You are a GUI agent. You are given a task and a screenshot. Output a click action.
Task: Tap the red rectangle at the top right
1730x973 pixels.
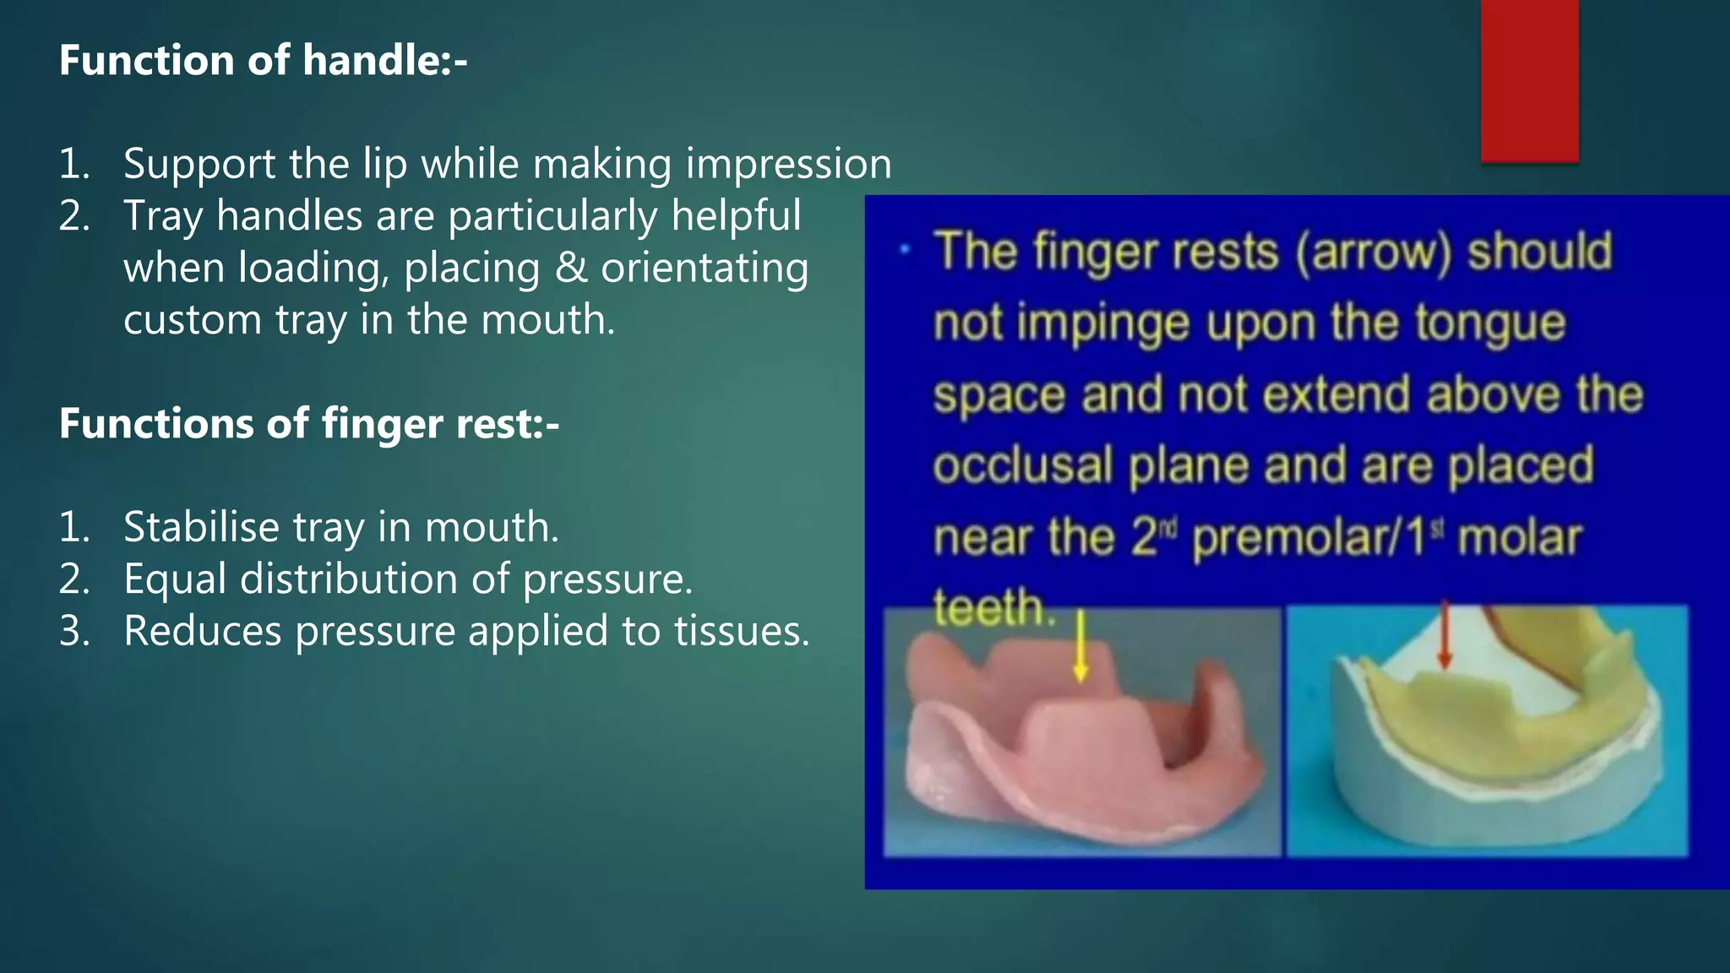[1529, 80]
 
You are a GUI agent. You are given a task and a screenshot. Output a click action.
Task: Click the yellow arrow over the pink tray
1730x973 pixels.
[1080, 646]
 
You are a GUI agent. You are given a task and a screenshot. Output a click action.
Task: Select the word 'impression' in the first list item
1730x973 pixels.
[788, 164]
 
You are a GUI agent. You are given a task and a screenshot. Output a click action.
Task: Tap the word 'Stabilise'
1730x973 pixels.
[201, 528]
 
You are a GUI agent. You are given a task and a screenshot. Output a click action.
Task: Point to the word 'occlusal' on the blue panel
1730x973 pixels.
[1022, 465]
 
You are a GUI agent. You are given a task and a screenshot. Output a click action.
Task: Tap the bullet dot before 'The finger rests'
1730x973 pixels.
[905, 249]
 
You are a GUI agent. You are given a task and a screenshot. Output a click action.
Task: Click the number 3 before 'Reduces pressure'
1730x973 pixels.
[73, 632]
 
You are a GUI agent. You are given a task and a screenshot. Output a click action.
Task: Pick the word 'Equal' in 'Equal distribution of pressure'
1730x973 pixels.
[175, 580]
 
